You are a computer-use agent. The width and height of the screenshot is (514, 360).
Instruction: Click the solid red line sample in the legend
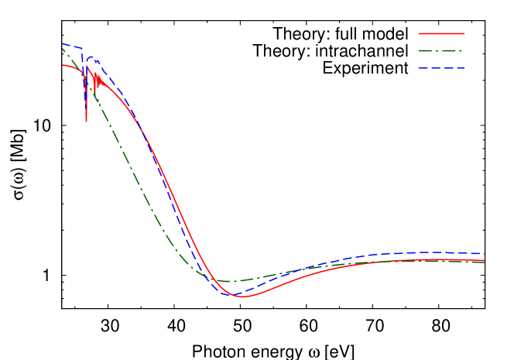441,34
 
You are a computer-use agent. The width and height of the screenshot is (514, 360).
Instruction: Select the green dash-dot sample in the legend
441,51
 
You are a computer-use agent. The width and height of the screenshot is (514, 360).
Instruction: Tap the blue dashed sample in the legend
441,68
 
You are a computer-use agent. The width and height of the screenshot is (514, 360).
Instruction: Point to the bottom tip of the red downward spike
86,121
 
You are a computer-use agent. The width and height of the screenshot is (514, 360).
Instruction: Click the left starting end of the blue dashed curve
63,44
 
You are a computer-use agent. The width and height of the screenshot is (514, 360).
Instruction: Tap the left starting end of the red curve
63,65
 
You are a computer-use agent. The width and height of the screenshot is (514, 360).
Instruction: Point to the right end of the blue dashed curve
480,254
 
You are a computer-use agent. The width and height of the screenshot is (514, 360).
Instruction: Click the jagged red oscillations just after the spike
95,78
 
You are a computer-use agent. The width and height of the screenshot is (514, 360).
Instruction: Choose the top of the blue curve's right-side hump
430,252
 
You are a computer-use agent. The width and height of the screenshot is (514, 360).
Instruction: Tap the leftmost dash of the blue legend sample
423,68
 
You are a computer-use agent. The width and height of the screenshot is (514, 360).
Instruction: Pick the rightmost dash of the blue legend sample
459,68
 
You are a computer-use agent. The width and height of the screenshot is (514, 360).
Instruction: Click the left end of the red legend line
420,34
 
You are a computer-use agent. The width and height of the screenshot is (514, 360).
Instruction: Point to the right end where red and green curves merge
483,261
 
